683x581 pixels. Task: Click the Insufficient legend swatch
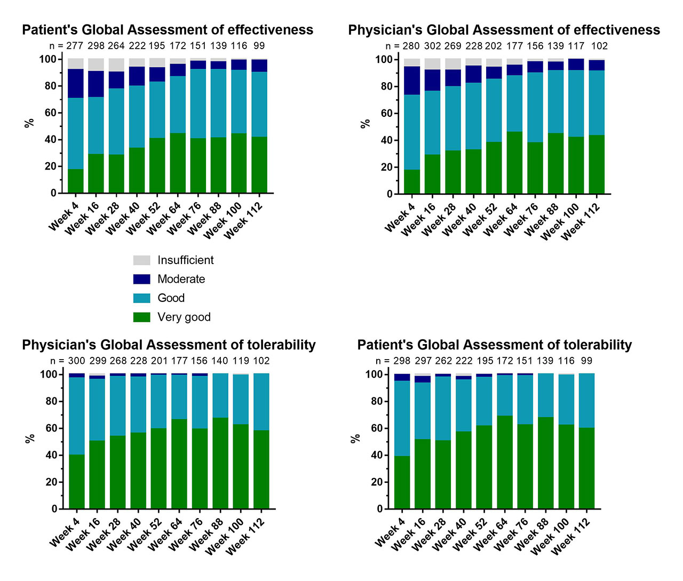pos(141,260)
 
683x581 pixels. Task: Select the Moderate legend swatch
pos(141,279)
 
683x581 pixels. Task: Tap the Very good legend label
pos(184,317)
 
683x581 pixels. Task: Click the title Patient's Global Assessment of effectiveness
pos(168,30)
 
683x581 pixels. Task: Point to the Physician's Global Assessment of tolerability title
pos(169,345)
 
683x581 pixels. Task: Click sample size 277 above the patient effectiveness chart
pos(75,46)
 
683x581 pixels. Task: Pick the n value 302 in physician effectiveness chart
pos(432,46)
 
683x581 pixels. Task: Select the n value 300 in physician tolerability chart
pos(77,361)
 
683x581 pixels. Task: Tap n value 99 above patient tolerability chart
pos(586,361)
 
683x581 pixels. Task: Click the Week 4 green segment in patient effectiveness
pos(75,181)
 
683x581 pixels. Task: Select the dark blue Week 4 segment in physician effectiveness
pos(412,81)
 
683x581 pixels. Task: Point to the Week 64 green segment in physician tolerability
pos(179,464)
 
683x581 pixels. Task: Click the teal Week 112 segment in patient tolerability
pos(586,400)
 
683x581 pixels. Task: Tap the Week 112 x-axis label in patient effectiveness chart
pos(244,221)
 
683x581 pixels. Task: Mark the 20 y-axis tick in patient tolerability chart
pos(377,482)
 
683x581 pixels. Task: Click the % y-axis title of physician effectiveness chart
pos(366,124)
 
